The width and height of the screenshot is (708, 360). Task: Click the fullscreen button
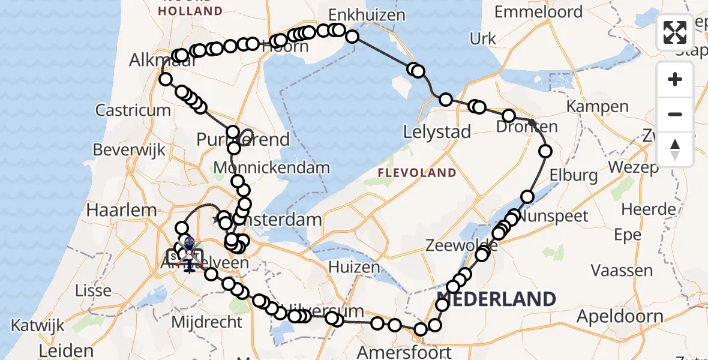click(675, 32)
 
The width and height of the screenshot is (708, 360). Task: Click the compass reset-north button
click(675, 149)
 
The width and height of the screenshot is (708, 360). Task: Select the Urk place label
click(483, 39)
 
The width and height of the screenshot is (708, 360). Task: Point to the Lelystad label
click(437, 132)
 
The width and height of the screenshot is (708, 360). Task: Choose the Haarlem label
click(122, 210)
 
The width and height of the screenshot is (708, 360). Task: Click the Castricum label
click(133, 110)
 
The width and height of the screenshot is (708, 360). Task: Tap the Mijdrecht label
click(207, 322)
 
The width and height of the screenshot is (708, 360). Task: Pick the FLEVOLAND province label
click(417, 173)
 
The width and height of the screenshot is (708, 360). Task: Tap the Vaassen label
click(622, 271)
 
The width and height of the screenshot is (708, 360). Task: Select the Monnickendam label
click(272, 167)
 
